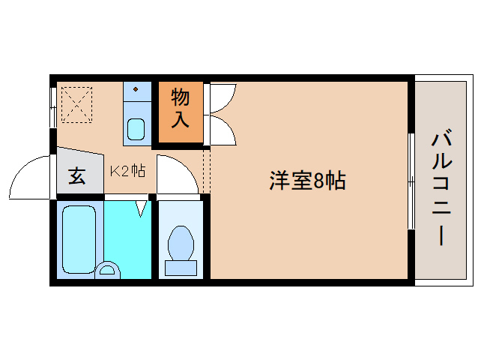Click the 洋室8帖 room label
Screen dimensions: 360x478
click(x=307, y=180)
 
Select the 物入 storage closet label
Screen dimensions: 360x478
click(x=180, y=107)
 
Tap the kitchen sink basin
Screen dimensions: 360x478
click(x=136, y=128)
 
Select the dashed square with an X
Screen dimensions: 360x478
click(x=75, y=104)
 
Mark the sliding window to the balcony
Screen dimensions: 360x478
click(x=410, y=181)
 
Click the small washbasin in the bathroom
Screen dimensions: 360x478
click(x=108, y=269)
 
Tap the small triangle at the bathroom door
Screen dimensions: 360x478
click(x=141, y=206)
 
